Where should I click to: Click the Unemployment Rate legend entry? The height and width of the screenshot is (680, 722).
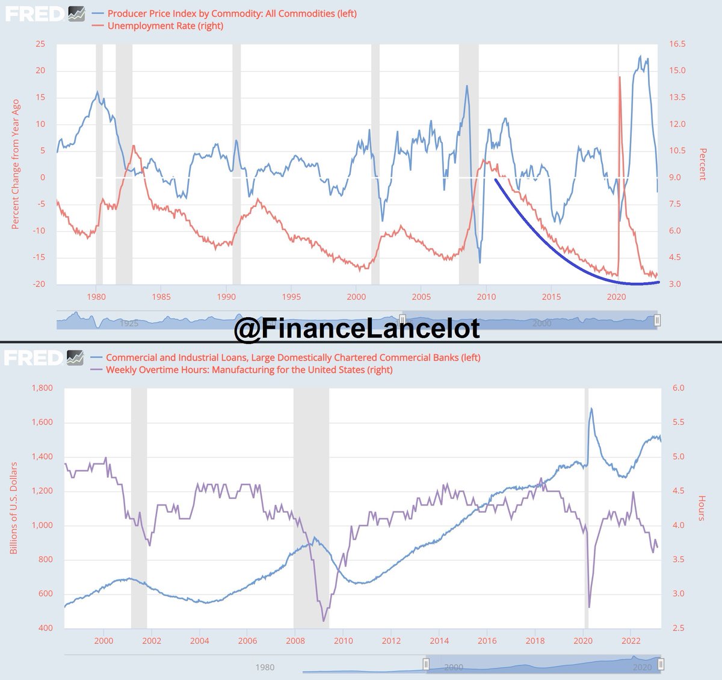pos(165,25)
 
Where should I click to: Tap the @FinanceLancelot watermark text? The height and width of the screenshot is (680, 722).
pos(357,329)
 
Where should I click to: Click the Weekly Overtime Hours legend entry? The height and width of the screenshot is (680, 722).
pos(249,369)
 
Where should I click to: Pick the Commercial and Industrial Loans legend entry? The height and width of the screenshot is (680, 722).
pos(293,357)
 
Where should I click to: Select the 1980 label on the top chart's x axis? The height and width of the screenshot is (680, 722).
pos(96,296)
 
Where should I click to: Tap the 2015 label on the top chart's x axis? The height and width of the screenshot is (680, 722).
pos(551,296)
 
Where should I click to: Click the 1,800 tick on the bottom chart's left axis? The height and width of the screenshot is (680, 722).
pos(42,388)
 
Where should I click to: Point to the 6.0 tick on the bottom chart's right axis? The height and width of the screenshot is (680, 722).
pos(678,388)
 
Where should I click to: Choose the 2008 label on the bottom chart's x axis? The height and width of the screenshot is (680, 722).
pos(295,640)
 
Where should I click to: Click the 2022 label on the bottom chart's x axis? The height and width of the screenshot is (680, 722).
pos(631,640)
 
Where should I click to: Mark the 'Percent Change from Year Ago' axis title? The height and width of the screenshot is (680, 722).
pos(16,164)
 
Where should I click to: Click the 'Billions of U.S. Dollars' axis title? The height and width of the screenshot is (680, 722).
pos(14,508)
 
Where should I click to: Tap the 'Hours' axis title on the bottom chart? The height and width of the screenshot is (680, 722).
pos(702,508)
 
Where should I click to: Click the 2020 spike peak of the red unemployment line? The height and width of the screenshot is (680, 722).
pos(620,76)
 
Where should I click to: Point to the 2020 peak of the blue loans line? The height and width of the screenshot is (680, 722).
pos(591,409)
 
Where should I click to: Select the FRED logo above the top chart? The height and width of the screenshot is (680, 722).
pos(34,14)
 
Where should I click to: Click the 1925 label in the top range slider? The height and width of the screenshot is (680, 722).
pos(129,323)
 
